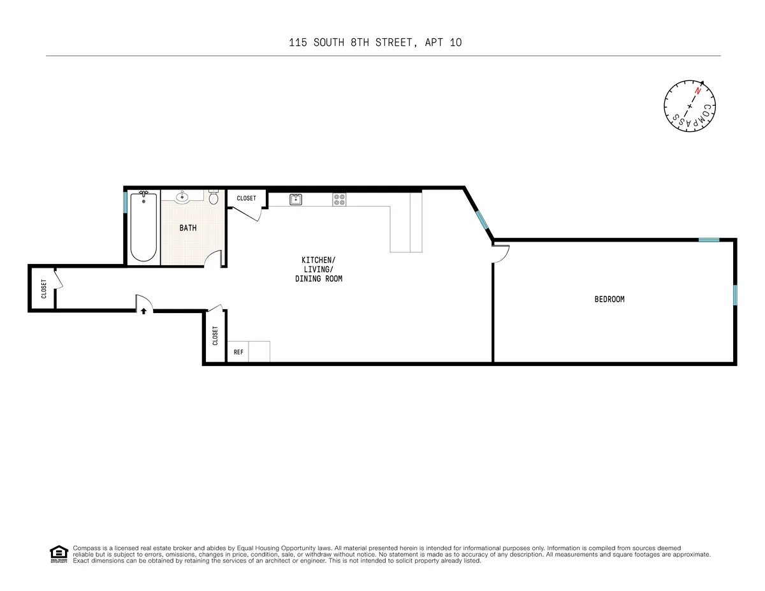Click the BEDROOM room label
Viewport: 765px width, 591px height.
609,299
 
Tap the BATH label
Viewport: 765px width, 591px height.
188,228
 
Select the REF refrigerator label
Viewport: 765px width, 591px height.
238,352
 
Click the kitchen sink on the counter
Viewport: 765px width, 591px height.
296,200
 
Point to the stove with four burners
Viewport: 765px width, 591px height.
339,200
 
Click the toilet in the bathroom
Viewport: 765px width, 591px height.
214,197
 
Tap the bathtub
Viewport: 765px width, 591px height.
143,227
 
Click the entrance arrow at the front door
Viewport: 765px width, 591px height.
143,311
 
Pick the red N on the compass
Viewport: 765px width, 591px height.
698,92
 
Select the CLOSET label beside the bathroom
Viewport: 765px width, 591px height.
246,198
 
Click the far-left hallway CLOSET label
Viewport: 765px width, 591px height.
43,288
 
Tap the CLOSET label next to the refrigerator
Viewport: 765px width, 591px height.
215,336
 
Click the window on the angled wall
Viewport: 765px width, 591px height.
482,219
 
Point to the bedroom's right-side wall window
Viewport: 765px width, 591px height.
734,295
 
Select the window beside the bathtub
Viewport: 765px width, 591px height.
126,201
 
